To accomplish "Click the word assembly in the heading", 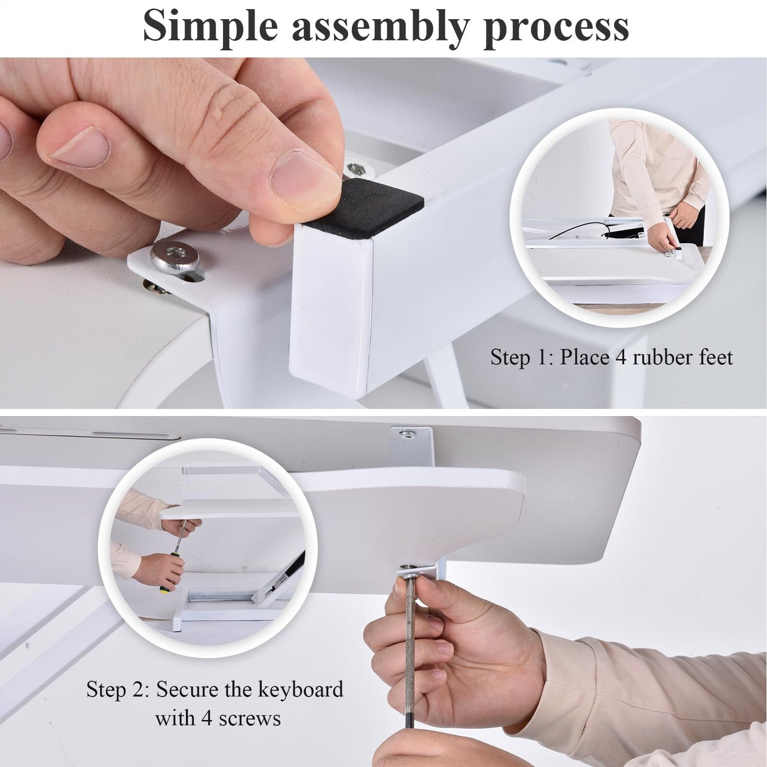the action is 380,28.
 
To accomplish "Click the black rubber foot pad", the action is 364,211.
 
